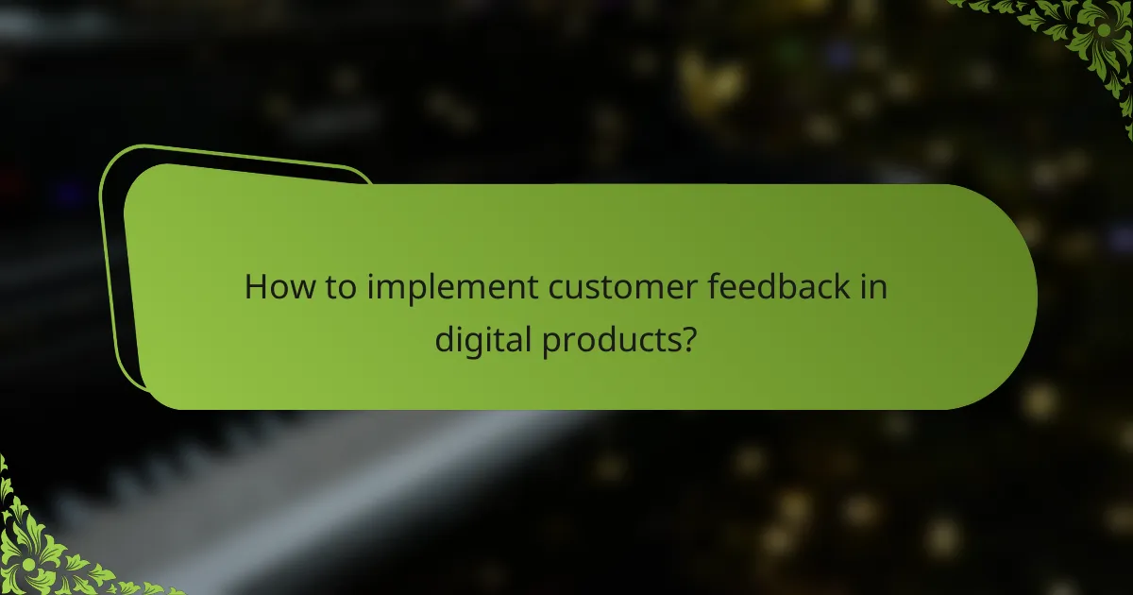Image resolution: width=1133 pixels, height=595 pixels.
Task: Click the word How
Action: coord(275,287)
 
